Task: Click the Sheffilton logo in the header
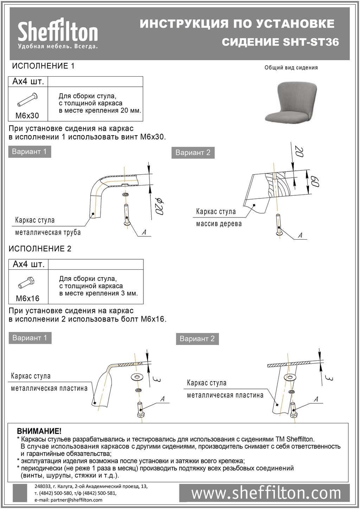(x=58, y=34)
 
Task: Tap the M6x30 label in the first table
(x=27, y=116)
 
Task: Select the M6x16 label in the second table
(x=28, y=299)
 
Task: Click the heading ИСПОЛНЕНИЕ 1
(x=43, y=66)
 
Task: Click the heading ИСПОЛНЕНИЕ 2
(x=40, y=249)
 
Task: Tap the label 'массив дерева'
(x=219, y=224)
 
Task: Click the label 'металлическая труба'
(x=48, y=232)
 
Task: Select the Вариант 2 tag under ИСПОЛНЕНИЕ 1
(x=193, y=152)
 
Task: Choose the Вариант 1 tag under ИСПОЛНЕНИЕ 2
(x=30, y=338)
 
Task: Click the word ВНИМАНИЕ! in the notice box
(x=39, y=431)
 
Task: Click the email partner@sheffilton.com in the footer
(x=69, y=500)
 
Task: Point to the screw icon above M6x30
(x=27, y=99)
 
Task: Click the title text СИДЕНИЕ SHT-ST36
(x=281, y=42)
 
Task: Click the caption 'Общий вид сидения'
(x=291, y=67)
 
